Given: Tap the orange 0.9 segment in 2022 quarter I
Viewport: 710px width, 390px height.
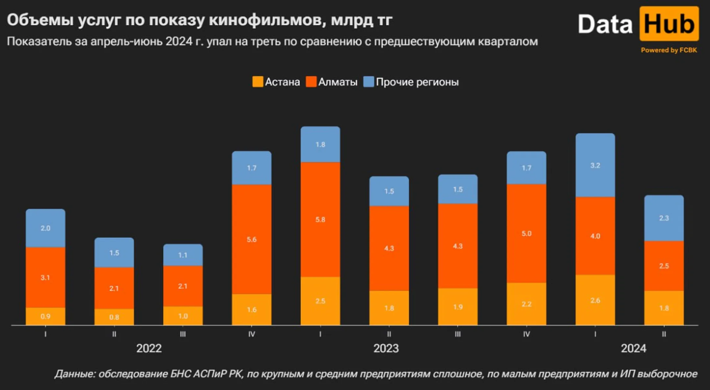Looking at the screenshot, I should coord(45,316).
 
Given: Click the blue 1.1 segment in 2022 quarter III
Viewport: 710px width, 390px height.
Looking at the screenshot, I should coord(183,255).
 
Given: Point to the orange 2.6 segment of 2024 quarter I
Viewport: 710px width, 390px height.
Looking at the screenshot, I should coord(595,300).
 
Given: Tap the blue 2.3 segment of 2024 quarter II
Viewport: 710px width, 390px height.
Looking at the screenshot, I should coord(664,218).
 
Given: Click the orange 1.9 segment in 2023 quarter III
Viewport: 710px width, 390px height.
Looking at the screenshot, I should coord(458,307).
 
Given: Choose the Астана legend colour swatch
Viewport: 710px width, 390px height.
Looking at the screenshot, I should coord(257,82).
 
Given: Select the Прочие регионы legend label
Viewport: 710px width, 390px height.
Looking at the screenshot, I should coord(417,82).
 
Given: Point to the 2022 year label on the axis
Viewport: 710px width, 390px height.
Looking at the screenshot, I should coord(149,348).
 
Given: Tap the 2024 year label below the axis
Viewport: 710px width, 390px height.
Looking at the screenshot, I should coord(633,348).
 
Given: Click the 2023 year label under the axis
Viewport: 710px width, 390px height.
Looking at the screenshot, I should coord(386,348).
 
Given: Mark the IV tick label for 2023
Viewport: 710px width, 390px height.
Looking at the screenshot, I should coord(526,334).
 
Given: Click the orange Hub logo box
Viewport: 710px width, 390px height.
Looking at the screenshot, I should coord(669,24).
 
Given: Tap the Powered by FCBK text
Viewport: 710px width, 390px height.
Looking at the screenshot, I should coord(669,50).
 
